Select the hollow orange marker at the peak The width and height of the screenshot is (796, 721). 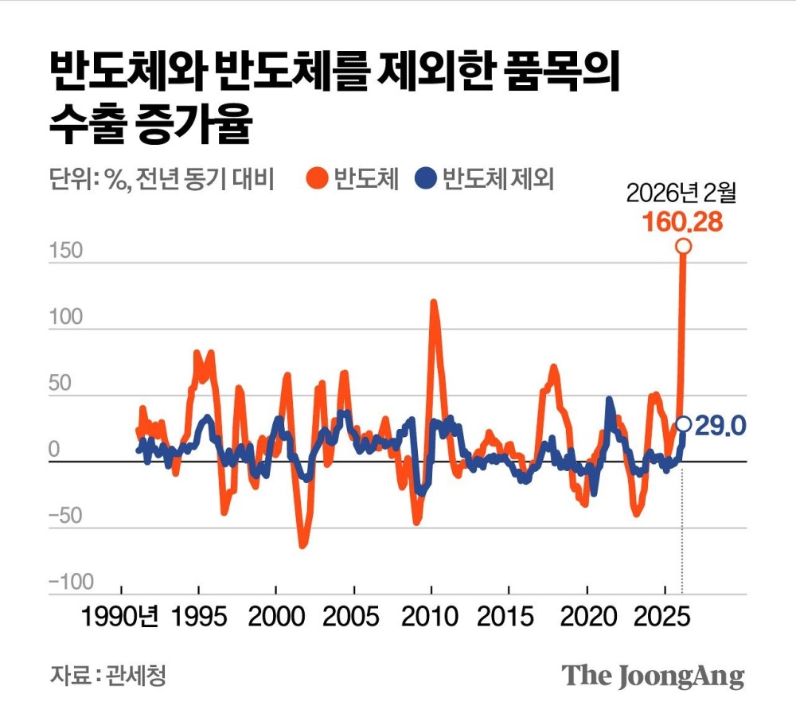pyautogui.click(x=683, y=247)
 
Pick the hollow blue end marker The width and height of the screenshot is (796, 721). pyautogui.click(x=683, y=424)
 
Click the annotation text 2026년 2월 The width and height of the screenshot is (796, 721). pyautogui.click(x=682, y=193)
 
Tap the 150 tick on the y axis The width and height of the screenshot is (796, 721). pyautogui.click(x=65, y=251)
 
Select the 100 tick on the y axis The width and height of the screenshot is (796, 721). pyautogui.click(x=65, y=318)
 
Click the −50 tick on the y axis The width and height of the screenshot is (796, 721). pyautogui.click(x=65, y=516)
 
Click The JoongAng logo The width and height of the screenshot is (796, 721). pyautogui.click(x=654, y=676)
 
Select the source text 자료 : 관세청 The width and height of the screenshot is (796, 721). pyautogui.click(x=109, y=676)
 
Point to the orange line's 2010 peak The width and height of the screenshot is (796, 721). pyautogui.click(x=433, y=302)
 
